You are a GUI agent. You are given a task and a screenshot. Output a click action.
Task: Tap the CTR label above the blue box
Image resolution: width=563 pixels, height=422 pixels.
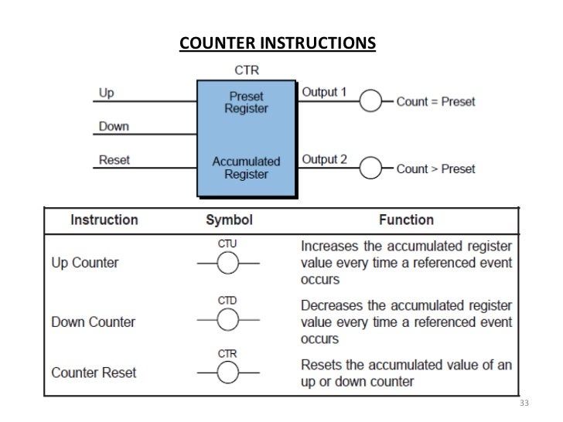[247, 70]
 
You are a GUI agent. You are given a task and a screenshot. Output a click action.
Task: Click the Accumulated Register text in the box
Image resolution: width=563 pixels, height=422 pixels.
[246, 168]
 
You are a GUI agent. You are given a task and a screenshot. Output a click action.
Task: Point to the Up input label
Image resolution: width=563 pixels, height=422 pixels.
[107, 94]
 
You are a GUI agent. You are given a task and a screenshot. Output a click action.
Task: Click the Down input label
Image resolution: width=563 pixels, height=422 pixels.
[114, 126]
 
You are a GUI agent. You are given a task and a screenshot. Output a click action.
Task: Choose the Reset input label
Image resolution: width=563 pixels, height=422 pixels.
[114, 160]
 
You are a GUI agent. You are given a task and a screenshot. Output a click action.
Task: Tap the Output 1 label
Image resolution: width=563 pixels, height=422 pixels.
[323, 92]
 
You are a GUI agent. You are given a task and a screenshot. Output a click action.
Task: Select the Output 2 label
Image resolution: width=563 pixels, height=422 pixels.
[324, 159]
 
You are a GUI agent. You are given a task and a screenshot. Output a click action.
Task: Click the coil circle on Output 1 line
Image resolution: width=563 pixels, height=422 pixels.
[374, 101]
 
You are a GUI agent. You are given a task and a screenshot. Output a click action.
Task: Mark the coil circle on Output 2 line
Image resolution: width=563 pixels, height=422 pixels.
[374, 168]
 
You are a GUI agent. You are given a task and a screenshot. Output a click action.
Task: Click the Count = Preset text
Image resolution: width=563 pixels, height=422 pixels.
[435, 101]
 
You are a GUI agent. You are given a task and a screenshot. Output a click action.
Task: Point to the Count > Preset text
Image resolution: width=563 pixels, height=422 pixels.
[435, 168]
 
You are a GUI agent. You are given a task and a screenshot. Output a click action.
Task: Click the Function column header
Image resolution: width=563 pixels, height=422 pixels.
[406, 220]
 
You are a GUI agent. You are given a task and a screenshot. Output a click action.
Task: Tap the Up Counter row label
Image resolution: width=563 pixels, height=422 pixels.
[86, 263]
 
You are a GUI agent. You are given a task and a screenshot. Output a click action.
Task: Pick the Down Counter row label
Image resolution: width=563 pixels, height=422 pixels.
[93, 321]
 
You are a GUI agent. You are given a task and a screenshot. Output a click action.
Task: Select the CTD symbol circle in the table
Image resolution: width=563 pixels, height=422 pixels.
[227, 321]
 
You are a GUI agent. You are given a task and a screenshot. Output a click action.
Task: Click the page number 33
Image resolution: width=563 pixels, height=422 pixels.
[524, 404]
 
